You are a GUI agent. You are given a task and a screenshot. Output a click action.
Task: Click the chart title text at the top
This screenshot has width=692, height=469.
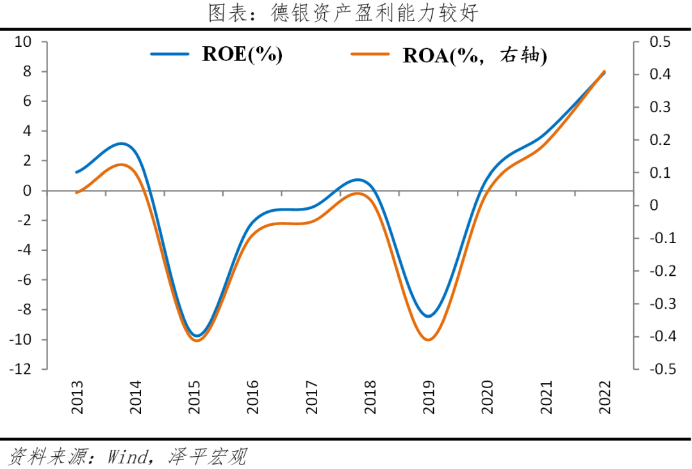pos(343,13)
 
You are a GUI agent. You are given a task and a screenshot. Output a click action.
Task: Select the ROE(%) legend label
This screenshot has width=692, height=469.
pos(242,55)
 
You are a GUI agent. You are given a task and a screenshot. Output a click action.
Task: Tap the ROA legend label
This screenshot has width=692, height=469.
pos(474,56)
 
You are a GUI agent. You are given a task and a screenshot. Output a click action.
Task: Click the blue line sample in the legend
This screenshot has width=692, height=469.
pos(170,55)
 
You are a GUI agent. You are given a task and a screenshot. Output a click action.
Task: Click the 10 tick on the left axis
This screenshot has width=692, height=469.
pos(23,42)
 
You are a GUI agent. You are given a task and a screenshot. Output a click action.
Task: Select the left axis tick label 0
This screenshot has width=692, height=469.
pos(27,191)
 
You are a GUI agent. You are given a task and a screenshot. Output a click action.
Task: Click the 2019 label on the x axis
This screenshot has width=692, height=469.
pos(429,396)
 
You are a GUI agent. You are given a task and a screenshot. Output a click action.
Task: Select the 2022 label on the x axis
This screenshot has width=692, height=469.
pos(604,396)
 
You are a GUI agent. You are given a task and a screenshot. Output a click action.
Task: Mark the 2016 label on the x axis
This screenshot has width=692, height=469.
pos(254,396)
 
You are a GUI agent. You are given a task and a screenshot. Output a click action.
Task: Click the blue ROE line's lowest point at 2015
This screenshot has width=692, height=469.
pos(197,336)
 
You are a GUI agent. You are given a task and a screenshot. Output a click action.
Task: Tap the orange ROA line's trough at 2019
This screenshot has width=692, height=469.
pos(427,339)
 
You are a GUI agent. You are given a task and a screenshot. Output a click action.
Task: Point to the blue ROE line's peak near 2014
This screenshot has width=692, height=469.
pos(122,144)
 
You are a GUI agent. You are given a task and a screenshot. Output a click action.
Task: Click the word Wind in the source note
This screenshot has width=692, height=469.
pos(128,456)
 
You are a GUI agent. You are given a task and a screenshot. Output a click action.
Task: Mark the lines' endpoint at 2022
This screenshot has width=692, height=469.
pos(604,72)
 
